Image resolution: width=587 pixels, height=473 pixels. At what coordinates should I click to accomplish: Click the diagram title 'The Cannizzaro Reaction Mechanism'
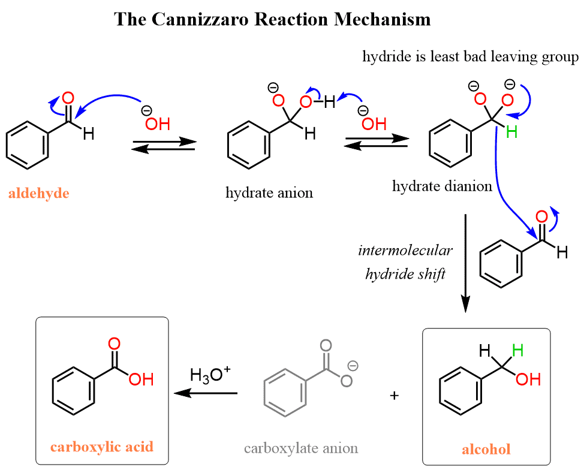(x=272, y=19)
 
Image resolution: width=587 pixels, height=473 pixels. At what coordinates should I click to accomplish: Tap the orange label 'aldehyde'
(x=39, y=194)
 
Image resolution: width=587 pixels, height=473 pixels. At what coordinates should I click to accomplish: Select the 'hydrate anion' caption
(x=269, y=193)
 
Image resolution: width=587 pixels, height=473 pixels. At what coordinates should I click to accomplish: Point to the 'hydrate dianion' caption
(x=442, y=186)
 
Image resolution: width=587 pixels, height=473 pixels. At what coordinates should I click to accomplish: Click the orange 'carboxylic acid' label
(x=101, y=447)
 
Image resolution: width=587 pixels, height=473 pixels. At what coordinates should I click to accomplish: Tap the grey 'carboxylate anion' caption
(x=301, y=448)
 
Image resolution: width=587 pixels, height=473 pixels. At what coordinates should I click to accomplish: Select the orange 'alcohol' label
(x=486, y=449)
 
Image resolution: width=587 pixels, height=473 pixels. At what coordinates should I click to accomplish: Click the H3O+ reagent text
(x=210, y=376)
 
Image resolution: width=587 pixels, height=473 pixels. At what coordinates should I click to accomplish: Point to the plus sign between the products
(x=394, y=396)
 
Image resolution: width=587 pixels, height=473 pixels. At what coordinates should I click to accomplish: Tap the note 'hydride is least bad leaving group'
(x=470, y=57)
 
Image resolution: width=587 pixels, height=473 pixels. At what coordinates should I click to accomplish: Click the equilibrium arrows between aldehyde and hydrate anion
(x=164, y=146)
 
